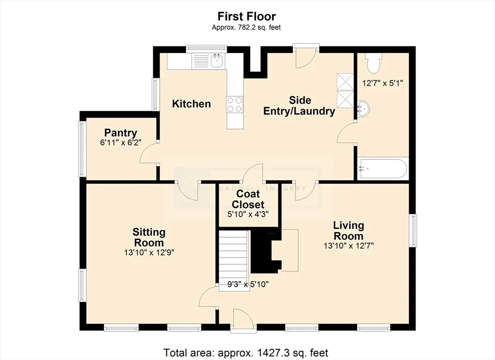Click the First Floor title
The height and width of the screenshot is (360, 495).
pos(247,16)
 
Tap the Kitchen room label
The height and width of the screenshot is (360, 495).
pos(191,103)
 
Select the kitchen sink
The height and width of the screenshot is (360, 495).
pos(217,61)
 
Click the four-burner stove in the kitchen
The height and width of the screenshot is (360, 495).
pos(235,104)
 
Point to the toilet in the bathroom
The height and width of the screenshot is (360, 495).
pos(374,63)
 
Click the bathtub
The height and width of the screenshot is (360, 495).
pos(383,169)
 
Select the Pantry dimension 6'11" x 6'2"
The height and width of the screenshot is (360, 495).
pos(120,142)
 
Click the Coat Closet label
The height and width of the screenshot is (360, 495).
pos(248,199)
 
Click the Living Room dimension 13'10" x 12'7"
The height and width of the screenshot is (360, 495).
pos(349,245)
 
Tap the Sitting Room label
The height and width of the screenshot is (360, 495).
pos(149,237)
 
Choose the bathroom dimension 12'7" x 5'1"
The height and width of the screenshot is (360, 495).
pos(383,83)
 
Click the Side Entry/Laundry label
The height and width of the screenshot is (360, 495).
pos(299,106)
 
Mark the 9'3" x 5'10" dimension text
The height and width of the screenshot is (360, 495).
pos(248,284)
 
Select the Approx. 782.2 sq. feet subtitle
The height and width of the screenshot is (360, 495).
pos(246,28)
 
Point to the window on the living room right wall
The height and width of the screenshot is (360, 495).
pos(413,230)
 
